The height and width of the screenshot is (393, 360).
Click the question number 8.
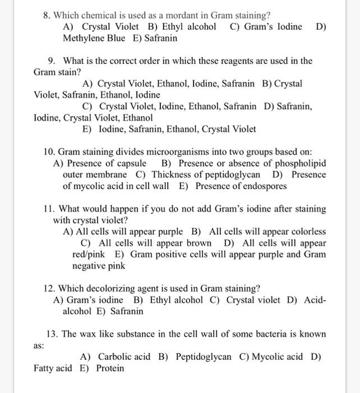point(47,15)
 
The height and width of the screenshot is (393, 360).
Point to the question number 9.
point(53,61)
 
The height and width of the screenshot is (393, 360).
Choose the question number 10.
point(49,152)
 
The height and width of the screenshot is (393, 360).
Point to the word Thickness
point(171,175)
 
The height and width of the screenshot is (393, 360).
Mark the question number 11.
point(49,209)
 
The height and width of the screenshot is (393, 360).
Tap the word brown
point(200,243)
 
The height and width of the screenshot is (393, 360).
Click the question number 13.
point(53,334)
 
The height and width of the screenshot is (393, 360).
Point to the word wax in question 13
point(89,334)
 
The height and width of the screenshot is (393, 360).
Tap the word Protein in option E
point(110,368)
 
